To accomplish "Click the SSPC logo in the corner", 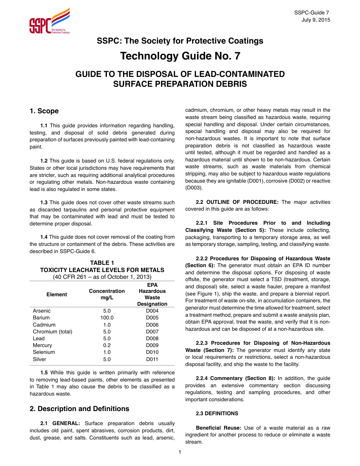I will (x=49, y=22).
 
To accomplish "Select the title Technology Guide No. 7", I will (x=180, y=56).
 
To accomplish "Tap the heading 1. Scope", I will (x=44, y=111).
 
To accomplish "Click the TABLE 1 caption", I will (x=102, y=263).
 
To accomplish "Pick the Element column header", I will (x=57, y=294).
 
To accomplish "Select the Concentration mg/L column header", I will (x=107, y=294).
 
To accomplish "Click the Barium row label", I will (x=41, y=318).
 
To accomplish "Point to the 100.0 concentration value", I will (x=107, y=318).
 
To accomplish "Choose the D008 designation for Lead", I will (x=152, y=338).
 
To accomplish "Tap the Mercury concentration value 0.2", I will (x=107, y=345).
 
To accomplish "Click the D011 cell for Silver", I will (x=152, y=359).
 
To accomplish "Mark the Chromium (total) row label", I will (x=53, y=332).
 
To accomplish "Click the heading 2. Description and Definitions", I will (x=80, y=409).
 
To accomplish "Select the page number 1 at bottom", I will (x=180, y=452).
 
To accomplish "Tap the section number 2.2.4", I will (x=201, y=378).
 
